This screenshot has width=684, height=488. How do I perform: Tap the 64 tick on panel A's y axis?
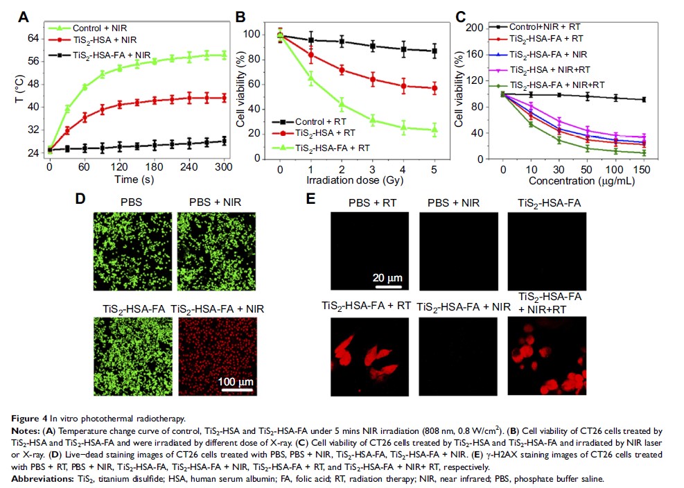click(33, 38)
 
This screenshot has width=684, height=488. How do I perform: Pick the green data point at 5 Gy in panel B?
click(435, 129)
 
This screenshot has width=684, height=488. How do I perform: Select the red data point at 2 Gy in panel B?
click(342, 70)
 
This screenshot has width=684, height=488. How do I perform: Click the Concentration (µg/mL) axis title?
click(574, 182)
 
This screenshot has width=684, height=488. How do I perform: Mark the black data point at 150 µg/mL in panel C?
click(644, 100)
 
